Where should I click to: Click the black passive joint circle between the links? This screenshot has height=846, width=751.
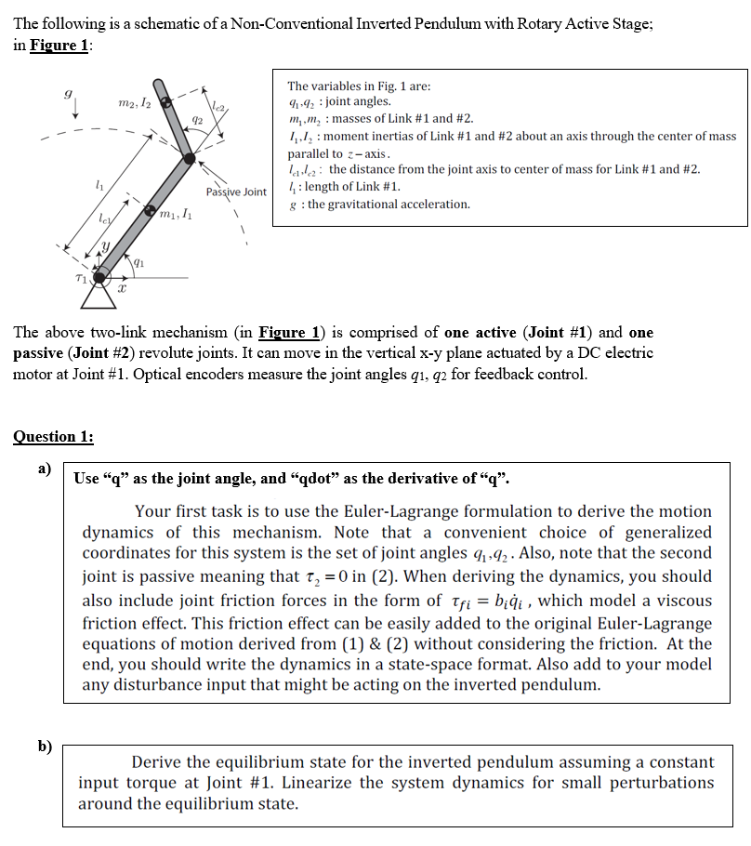click(x=190, y=161)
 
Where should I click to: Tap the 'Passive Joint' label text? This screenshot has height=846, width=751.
click(x=236, y=192)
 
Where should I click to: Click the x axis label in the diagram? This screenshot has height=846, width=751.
click(x=122, y=291)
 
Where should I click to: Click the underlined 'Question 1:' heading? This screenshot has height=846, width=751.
click(x=54, y=436)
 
